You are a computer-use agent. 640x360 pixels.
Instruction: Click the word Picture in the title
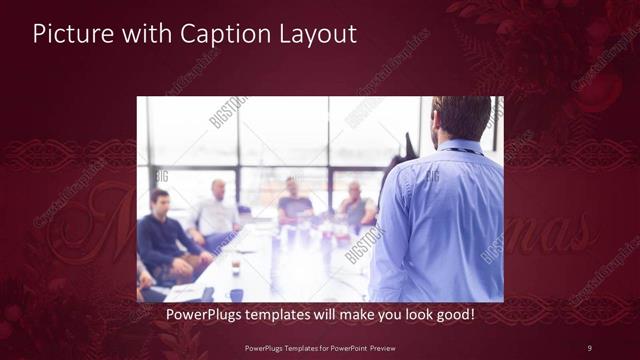(68, 33)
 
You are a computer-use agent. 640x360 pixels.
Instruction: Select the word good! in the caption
(451, 315)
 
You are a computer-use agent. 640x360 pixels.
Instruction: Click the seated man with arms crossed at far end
(355, 205)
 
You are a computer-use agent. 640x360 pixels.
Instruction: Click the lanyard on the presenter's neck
(460, 150)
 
